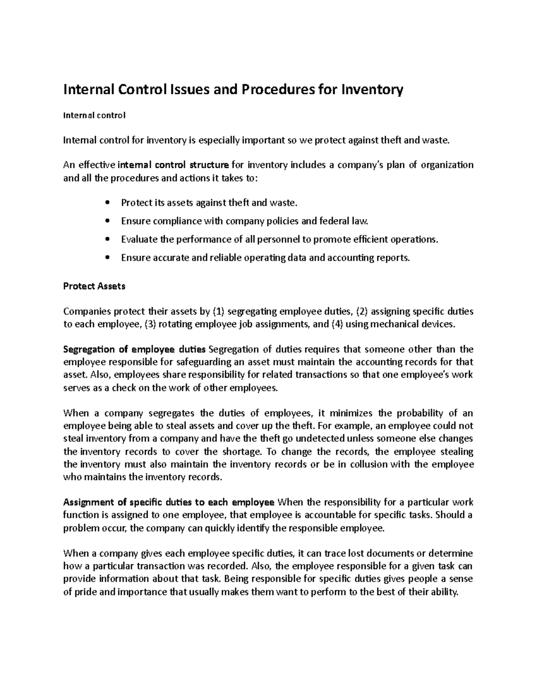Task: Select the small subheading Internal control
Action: pyautogui.click(x=94, y=115)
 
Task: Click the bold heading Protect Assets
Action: pyautogui.click(x=94, y=286)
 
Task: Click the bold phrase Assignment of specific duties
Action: pyautogui.click(x=169, y=502)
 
